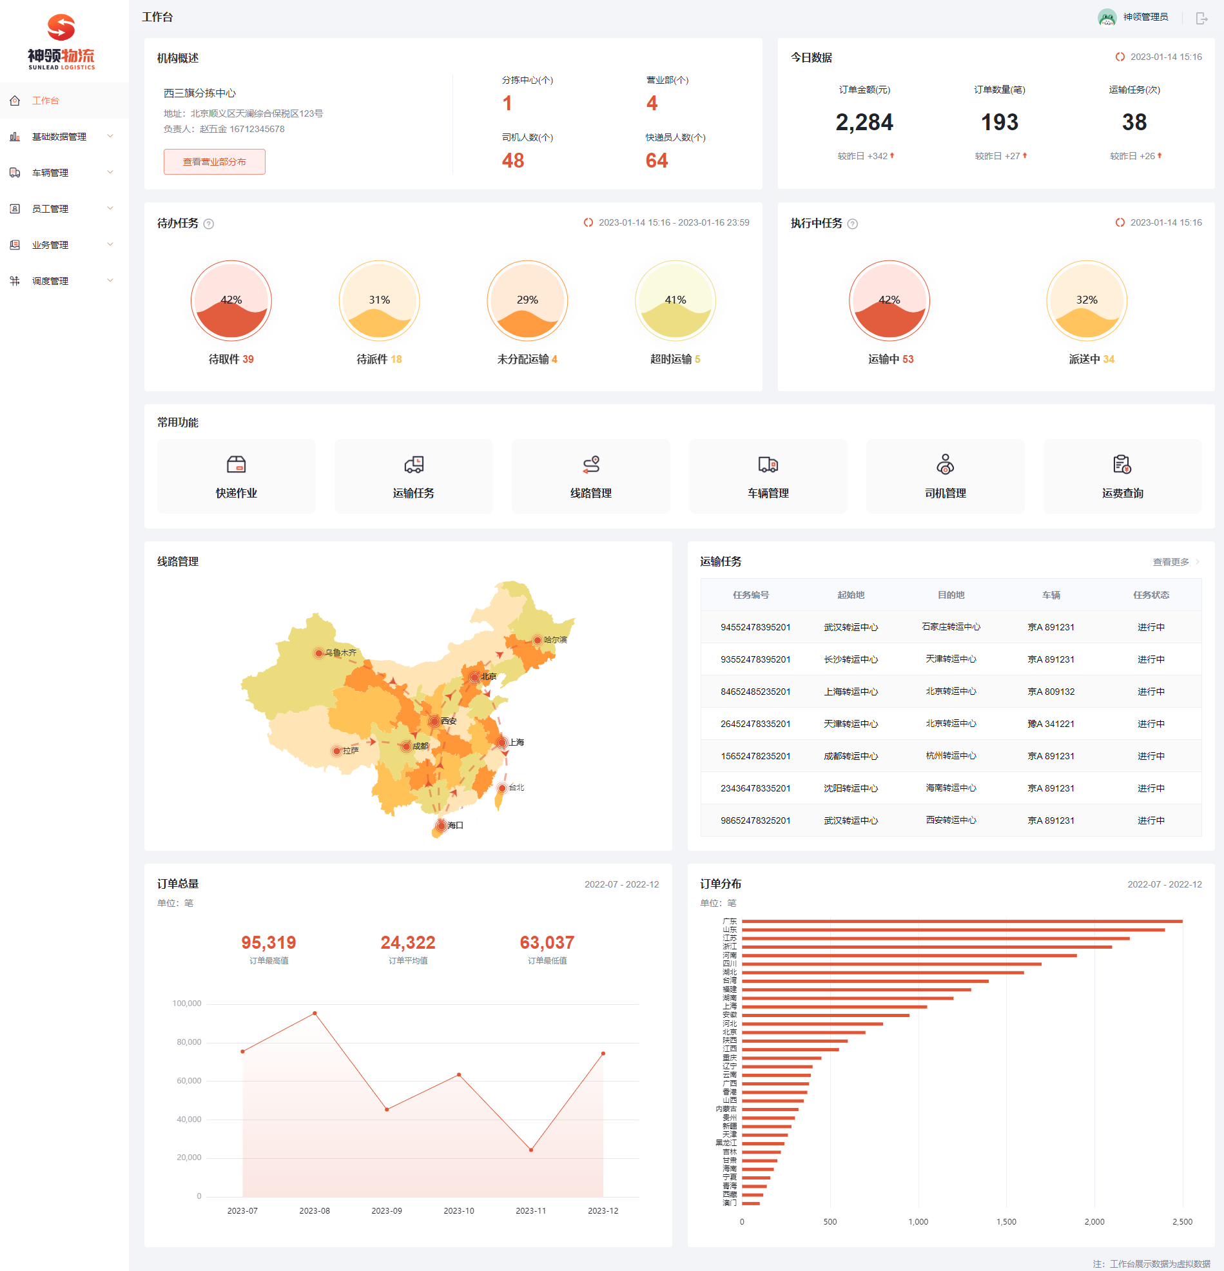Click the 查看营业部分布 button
(214, 162)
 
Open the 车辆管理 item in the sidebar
(50, 173)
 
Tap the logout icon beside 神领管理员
(1201, 18)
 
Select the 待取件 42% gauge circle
(231, 300)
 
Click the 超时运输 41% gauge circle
(675, 300)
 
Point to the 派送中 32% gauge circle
(1086, 300)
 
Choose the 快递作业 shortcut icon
(236, 464)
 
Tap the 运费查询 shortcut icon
(1122, 464)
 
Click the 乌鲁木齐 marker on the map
(318, 653)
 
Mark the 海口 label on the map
(456, 826)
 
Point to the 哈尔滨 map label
(555, 640)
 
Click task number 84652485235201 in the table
(755, 692)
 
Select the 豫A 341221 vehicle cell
(1051, 724)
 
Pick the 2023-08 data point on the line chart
(315, 1013)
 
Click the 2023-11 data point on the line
(531, 1150)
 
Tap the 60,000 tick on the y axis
(189, 1081)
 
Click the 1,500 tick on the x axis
(1006, 1222)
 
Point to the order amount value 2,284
(864, 122)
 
